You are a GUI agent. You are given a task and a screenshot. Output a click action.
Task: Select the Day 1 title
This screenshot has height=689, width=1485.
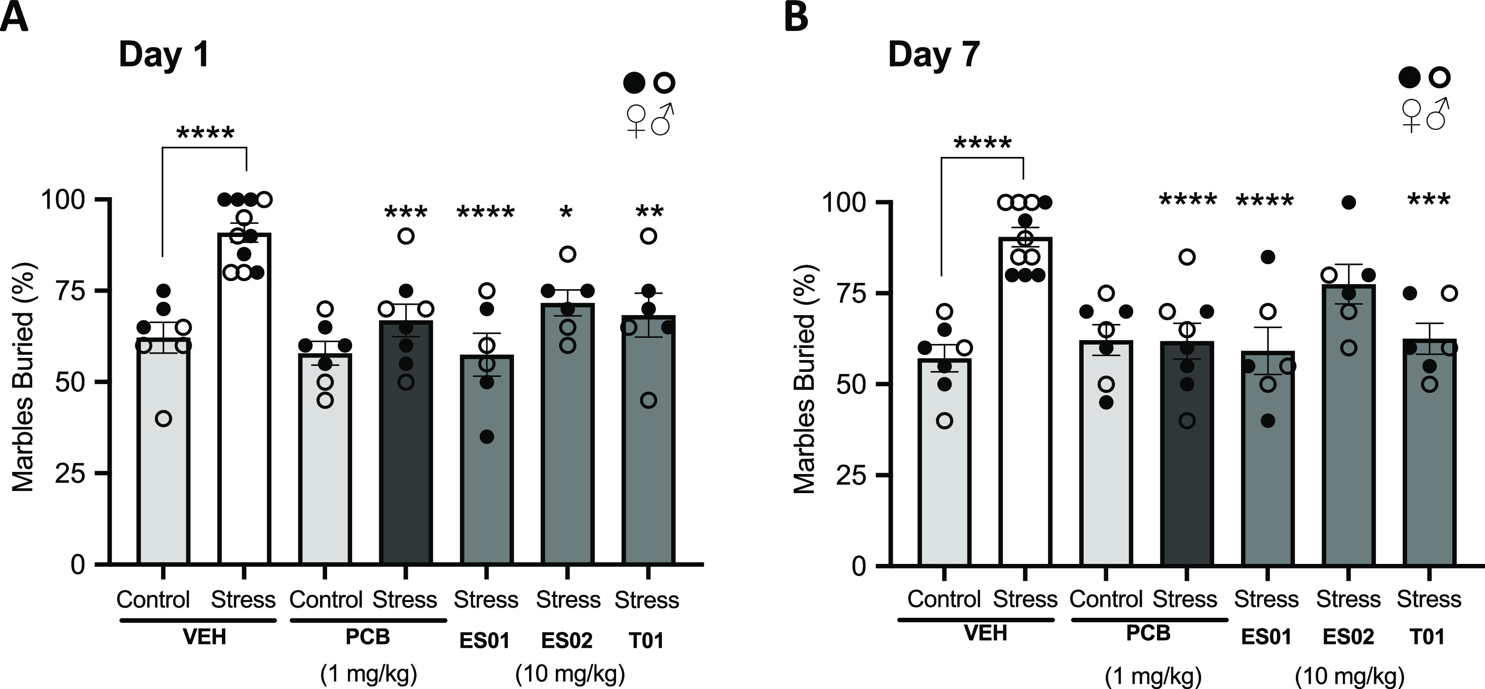(164, 56)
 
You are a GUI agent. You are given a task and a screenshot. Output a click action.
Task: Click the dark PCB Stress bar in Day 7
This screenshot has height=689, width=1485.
(1186, 461)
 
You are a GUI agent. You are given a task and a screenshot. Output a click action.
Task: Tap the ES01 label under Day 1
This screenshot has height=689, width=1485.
(485, 641)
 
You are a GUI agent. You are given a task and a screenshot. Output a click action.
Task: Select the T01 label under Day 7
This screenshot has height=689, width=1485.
(1428, 636)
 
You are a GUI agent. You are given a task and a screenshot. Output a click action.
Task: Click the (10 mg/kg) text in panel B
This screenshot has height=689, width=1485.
(1348, 677)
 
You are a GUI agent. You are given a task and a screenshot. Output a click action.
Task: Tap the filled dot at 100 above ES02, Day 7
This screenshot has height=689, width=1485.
(1348, 202)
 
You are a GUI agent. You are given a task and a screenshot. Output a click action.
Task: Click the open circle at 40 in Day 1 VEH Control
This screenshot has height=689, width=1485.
(164, 418)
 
